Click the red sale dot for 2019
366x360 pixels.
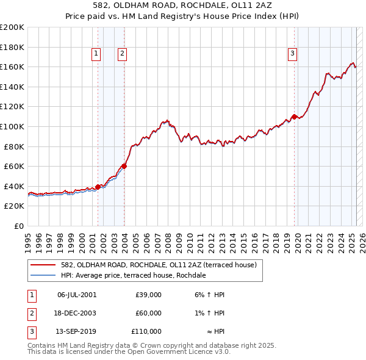[x=294, y=117]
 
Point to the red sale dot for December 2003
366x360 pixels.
[x=124, y=166]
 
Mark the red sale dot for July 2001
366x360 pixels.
[x=98, y=187]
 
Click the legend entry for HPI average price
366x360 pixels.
[x=133, y=275]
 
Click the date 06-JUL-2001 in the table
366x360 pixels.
[x=76, y=295]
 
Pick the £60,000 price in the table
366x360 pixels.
[x=149, y=313]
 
